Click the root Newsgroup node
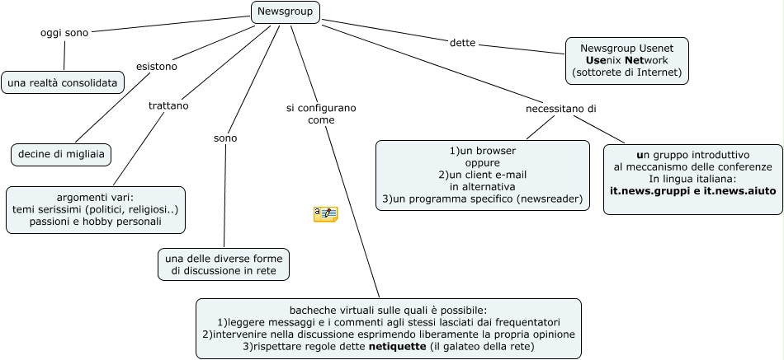pyautogui.click(x=285, y=12)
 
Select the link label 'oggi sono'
pyautogui.click(x=64, y=32)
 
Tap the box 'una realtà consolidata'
pyautogui.click(x=64, y=82)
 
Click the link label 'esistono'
pyautogui.click(x=157, y=66)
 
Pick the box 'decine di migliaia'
pyautogui.click(x=61, y=154)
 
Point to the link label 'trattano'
pyautogui.click(x=168, y=106)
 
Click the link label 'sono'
pyautogui.click(x=225, y=138)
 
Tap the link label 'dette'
pyautogui.click(x=462, y=42)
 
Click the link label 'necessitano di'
pyautogui.click(x=561, y=109)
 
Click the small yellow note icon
pyautogui.click(x=325, y=214)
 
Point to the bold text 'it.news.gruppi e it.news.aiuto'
pyautogui.click(x=692, y=191)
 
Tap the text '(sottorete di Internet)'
pyautogui.click(x=626, y=72)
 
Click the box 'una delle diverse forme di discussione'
pyautogui.click(x=224, y=264)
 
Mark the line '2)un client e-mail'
pyautogui.click(x=482, y=175)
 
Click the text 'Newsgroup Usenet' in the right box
pyautogui.click(x=626, y=49)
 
